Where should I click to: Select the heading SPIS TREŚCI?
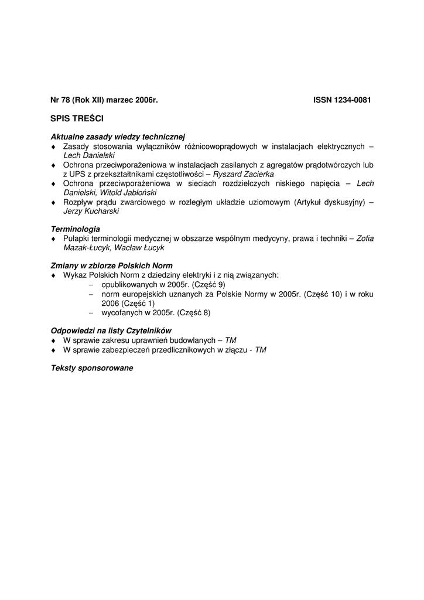coord(77,118)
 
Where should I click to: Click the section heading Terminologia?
coord(76,229)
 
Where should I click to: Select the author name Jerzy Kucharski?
coord(91,211)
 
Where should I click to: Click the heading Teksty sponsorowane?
coord(92,368)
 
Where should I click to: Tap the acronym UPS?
coord(77,174)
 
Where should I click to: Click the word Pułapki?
coord(77,238)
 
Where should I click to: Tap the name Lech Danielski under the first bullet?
coord(89,156)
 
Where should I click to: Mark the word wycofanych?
coord(121,312)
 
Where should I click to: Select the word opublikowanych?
coord(125,285)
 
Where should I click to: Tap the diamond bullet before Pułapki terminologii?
coord(53,239)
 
